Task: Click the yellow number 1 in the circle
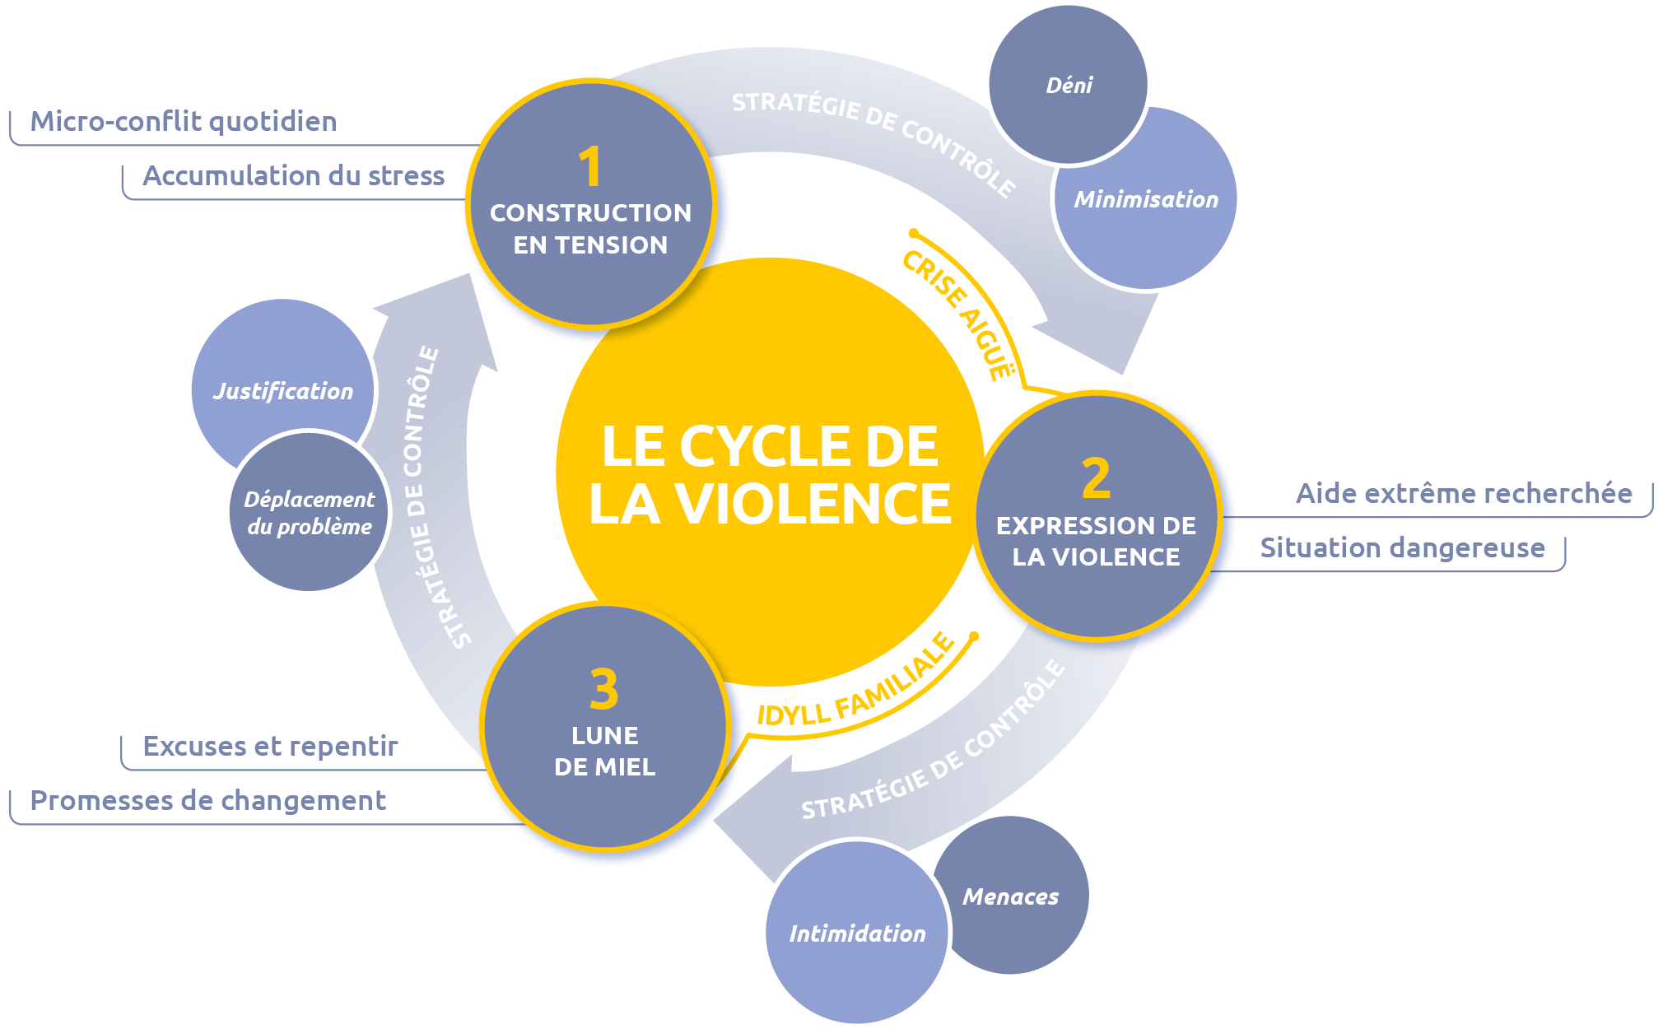(x=589, y=167)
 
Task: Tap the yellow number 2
(x=1096, y=478)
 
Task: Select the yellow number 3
(x=603, y=690)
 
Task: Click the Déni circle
(x=1069, y=85)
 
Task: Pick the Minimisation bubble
(x=1146, y=199)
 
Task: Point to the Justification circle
(x=282, y=390)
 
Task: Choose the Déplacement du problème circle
(x=310, y=512)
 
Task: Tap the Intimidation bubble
(x=857, y=934)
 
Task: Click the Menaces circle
(x=1011, y=896)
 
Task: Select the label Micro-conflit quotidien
(x=184, y=122)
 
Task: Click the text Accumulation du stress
(x=293, y=175)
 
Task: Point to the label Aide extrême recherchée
(x=1464, y=493)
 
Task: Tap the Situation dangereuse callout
(x=1402, y=547)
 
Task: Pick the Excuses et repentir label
(x=270, y=746)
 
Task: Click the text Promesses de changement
(x=207, y=800)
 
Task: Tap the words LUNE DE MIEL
(x=604, y=751)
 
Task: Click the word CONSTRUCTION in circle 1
(x=590, y=213)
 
